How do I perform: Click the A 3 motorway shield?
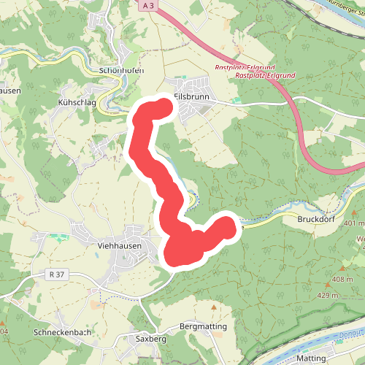coord(149,5)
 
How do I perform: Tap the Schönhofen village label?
coord(120,70)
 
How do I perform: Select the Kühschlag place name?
coord(77,104)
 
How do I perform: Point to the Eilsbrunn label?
coord(192,95)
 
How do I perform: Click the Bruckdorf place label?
coord(315,218)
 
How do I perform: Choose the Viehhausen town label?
coord(118,247)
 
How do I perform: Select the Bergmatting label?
coord(204,326)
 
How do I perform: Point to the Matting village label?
coord(312,358)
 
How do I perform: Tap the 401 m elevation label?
coord(353,223)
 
